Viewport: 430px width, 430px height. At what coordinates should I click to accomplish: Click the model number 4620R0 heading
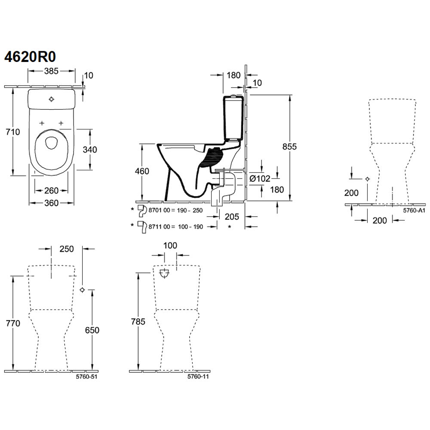30,57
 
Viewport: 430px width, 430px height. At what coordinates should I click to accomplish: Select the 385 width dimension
51,71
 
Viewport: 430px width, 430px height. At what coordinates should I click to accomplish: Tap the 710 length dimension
12,132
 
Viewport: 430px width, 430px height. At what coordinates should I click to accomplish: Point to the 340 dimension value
90,150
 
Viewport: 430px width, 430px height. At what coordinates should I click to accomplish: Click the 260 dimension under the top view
51,190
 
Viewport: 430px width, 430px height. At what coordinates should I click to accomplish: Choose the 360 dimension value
51,203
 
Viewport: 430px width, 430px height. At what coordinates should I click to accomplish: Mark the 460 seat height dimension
142,171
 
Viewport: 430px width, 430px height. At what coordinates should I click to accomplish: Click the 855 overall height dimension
289,147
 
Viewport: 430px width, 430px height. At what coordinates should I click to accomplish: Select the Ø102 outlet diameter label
260,179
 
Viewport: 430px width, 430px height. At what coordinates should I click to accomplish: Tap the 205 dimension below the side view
232,217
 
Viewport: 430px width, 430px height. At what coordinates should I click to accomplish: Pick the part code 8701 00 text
160,210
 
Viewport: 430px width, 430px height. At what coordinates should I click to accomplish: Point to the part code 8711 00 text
160,227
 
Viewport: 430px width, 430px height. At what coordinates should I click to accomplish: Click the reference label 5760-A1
414,210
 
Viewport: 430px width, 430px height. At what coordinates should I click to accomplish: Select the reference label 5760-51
87,377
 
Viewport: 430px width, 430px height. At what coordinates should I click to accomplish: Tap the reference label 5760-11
198,377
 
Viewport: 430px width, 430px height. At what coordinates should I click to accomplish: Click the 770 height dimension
13,323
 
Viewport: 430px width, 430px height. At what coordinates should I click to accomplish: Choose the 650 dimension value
92,330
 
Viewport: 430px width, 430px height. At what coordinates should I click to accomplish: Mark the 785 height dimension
138,321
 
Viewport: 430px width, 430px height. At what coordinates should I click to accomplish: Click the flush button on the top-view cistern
51,99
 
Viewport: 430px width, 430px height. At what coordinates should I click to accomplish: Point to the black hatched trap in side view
211,158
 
